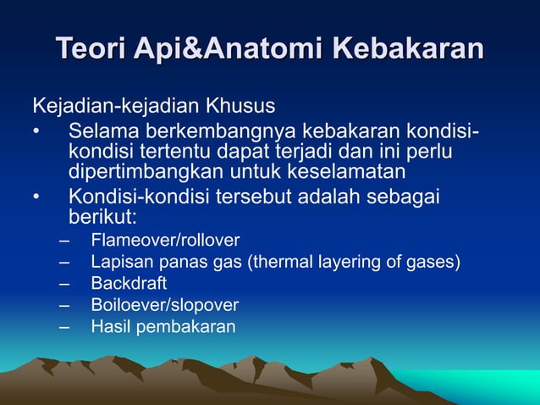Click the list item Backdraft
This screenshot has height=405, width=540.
click(129, 283)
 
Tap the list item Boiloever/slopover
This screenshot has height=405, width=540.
click(165, 305)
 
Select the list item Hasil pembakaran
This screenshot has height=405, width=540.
click(163, 326)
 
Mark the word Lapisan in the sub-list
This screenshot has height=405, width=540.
click(118, 262)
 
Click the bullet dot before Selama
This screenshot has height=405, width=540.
click(36, 133)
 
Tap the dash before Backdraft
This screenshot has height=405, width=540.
click(64, 283)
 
